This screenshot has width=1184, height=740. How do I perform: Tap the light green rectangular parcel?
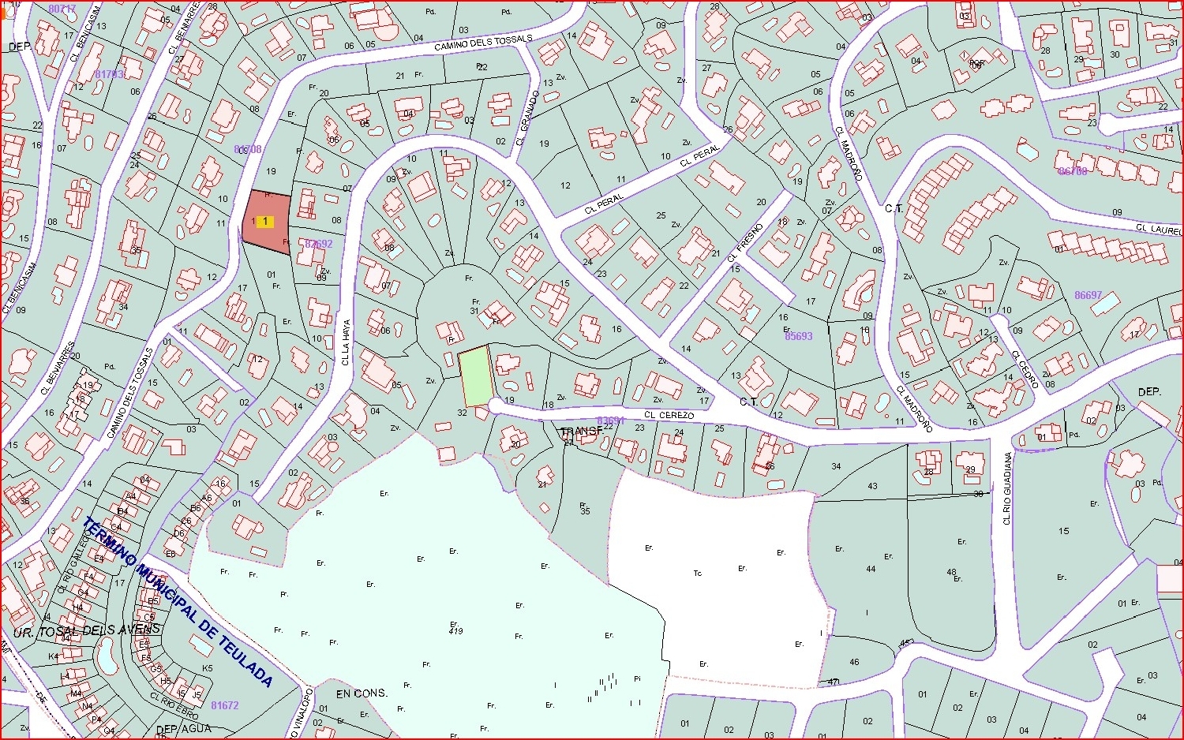click(x=476, y=377)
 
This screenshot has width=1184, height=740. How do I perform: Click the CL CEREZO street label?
click(x=669, y=415)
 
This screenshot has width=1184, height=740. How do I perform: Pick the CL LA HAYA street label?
click(x=346, y=341)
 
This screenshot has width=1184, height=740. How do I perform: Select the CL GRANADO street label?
click(x=527, y=118)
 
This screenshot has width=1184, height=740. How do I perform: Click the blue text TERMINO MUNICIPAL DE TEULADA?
click(x=178, y=602)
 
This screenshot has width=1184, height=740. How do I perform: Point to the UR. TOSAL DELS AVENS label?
click(x=87, y=631)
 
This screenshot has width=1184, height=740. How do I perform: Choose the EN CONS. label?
click(x=362, y=693)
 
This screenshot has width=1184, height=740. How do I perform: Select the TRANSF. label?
click(x=583, y=432)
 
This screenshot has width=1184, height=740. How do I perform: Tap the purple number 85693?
click(x=798, y=336)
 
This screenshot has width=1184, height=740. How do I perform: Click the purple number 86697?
click(x=1088, y=295)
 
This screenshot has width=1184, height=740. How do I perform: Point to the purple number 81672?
click(x=225, y=705)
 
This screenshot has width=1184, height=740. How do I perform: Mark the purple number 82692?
click(x=319, y=244)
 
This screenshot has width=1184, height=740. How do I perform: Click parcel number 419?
click(x=455, y=631)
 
